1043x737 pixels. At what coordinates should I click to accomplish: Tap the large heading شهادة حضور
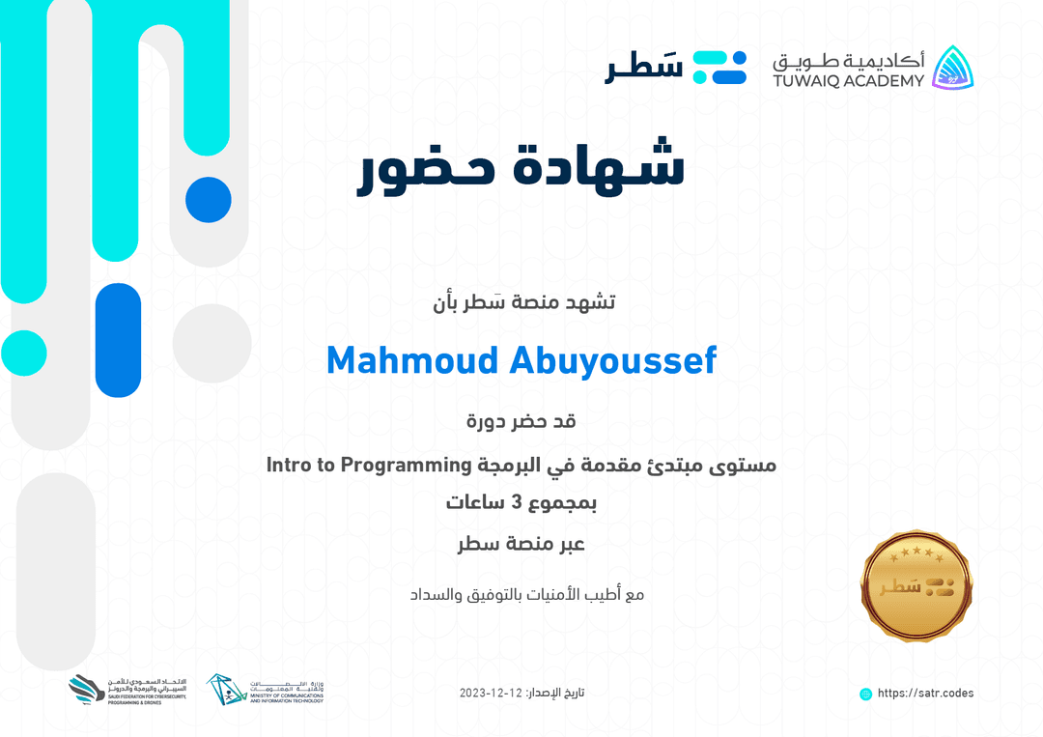click(x=521, y=167)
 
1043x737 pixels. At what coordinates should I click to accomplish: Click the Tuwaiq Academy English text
click(x=848, y=81)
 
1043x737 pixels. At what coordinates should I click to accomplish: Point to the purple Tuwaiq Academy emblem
click(x=952, y=67)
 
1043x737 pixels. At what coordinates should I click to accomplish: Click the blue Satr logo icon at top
click(x=720, y=68)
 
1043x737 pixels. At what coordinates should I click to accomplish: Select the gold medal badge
click(x=916, y=586)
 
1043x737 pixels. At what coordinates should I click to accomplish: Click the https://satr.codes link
click(x=925, y=694)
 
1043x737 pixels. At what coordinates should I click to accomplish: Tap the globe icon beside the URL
click(x=865, y=694)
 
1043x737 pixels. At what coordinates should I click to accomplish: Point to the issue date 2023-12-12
click(x=491, y=694)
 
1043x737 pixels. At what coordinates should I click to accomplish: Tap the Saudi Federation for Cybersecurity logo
click(x=133, y=689)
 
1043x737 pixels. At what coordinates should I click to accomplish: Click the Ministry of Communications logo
click(x=266, y=690)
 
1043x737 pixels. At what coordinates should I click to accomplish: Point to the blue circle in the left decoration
click(x=208, y=200)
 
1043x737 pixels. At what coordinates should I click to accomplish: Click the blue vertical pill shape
click(x=118, y=340)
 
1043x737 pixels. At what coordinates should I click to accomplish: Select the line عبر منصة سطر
click(x=521, y=544)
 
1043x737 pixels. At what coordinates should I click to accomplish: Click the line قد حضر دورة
click(x=521, y=422)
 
